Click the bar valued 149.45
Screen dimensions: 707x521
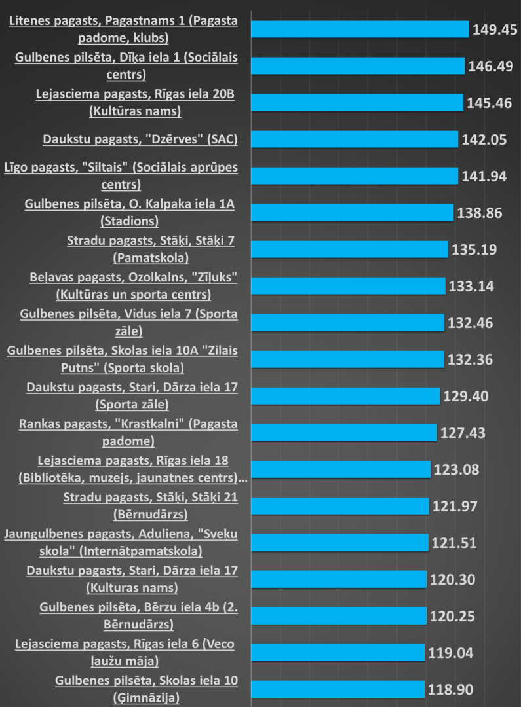(360, 29)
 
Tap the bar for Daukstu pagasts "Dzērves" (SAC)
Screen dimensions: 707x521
(355, 139)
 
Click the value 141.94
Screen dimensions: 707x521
(485, 176)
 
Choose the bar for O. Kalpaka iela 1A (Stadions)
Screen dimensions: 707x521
(353, 213)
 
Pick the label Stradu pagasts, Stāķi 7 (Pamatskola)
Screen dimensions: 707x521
(151, 249)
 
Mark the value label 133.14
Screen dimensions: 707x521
(471, 286)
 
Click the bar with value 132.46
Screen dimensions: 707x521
(348, 323)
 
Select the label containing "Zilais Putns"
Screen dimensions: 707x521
(122, 359)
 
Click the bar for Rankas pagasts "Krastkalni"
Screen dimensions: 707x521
(344, 433)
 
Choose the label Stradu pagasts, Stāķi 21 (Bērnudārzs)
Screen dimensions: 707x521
(150, 506)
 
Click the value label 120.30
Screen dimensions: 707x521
(452, 579)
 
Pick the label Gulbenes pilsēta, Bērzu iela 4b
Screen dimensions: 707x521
(138, 616)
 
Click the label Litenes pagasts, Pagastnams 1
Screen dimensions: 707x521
(123, 29)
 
